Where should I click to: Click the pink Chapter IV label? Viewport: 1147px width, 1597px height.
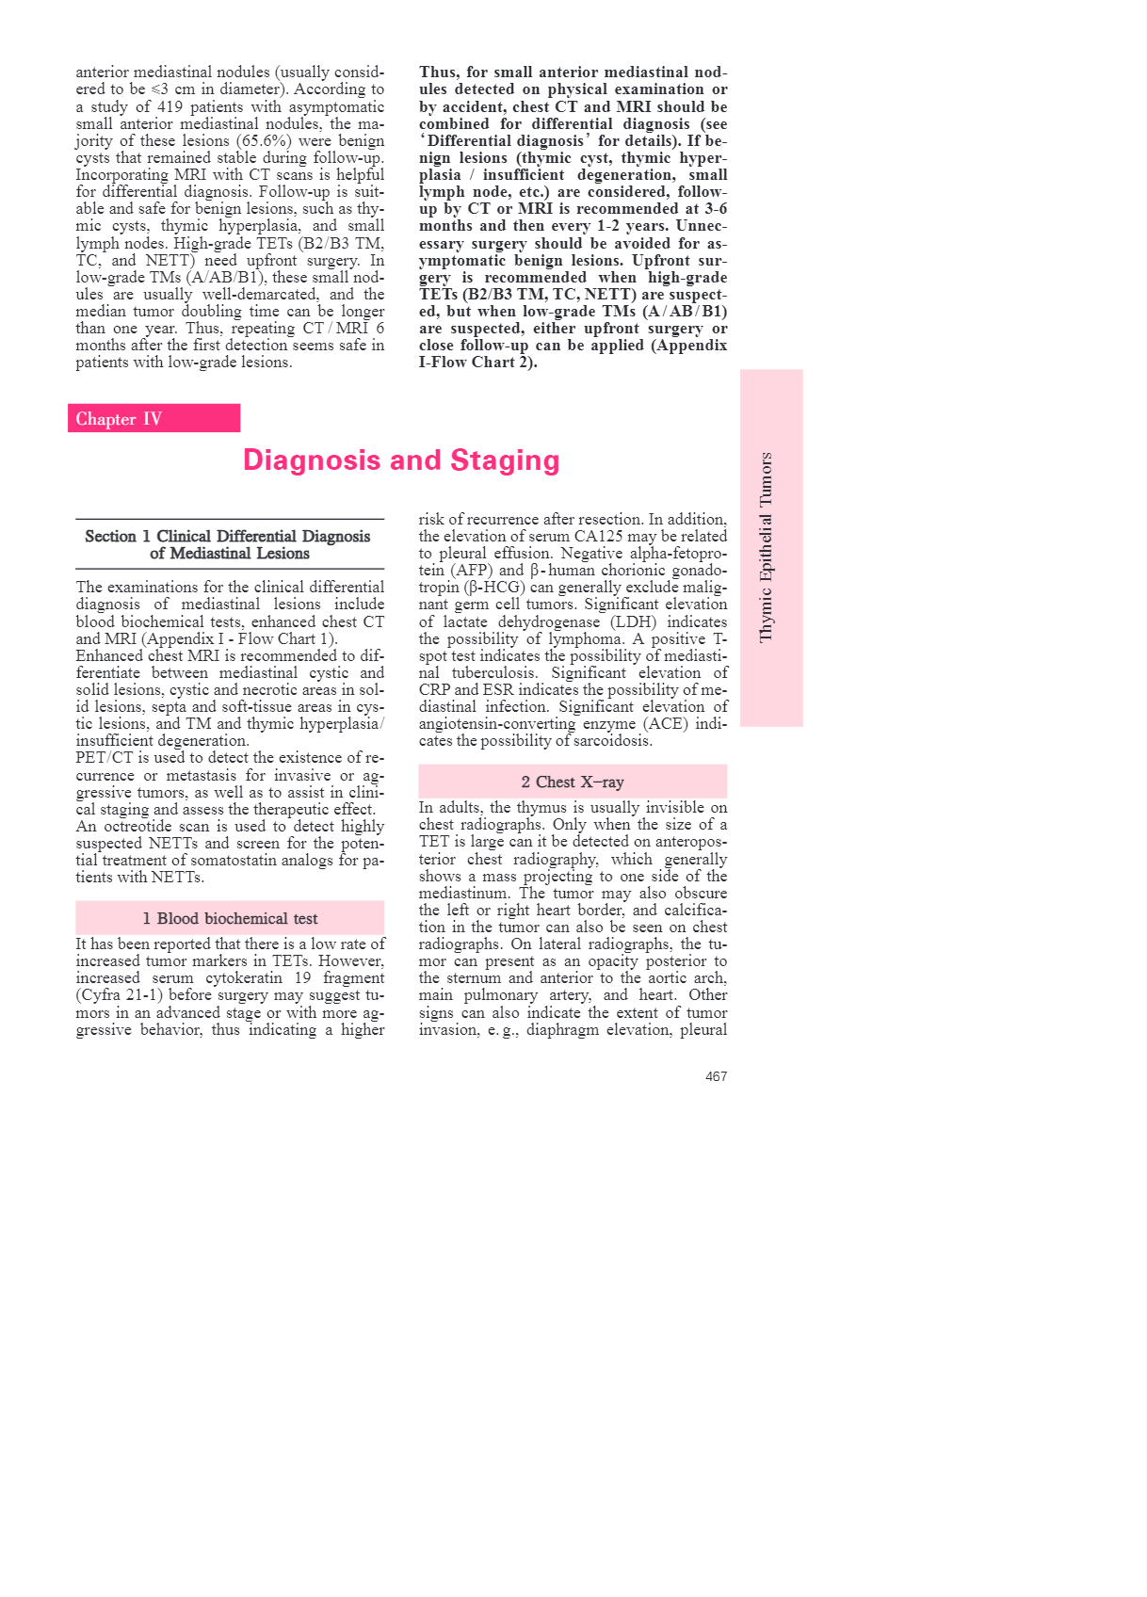click(x=153, y=419)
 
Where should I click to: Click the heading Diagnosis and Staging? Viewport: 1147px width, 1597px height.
click(x=401, y=460)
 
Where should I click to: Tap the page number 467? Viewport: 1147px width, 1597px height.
click(x=716, y=1076)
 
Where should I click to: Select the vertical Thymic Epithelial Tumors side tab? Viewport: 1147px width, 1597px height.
click(x=770, y=547)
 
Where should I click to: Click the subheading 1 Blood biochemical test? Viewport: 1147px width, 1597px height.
click(x=230, y=918)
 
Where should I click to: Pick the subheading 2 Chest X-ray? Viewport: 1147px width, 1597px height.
click(x=573, y=782)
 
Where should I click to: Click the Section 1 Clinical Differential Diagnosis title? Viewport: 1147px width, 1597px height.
click(x=228, y=544)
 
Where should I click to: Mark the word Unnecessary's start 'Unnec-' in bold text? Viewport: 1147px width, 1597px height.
click(x=702, y=226)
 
